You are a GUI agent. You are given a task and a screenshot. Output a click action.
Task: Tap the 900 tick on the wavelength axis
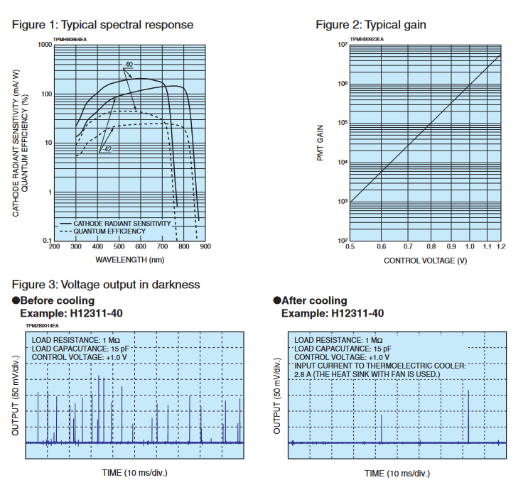[205, 247]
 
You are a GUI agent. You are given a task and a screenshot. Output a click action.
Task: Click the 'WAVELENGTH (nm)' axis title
[129, 259]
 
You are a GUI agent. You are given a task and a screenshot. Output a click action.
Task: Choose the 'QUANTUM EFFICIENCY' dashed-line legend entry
[110, 231]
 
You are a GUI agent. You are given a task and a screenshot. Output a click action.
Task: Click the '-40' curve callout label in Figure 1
[127, 65]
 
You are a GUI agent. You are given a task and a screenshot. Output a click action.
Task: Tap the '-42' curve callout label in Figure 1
[107, 149]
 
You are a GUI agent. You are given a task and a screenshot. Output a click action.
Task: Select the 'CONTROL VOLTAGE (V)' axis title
[425, 261]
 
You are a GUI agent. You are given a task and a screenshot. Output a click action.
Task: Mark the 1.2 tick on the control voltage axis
[501, 247]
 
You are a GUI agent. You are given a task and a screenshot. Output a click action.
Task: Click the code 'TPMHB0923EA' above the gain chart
[367, 39]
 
